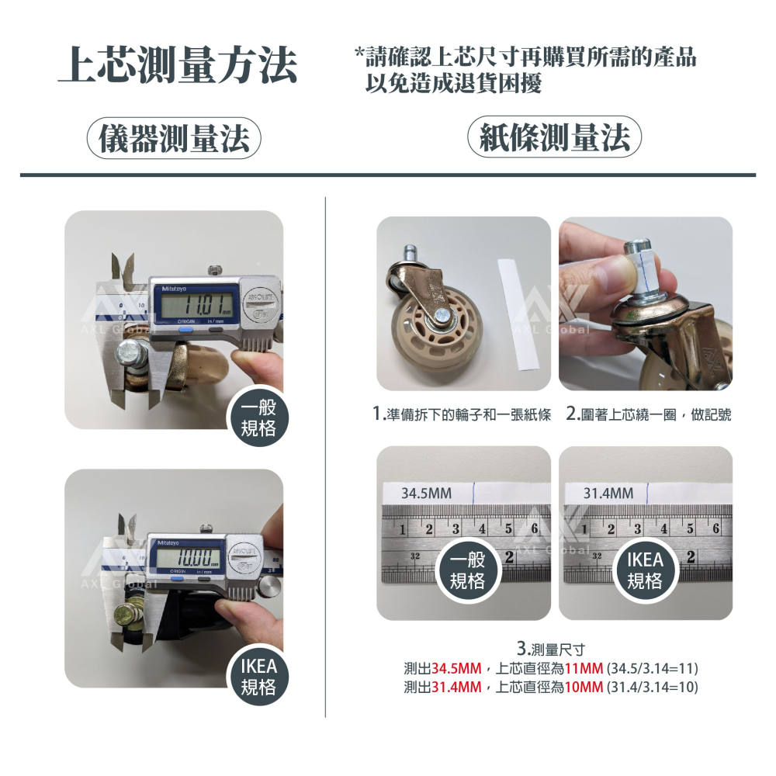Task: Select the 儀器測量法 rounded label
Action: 173,139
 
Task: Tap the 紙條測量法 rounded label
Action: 554,139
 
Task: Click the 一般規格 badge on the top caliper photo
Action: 258,419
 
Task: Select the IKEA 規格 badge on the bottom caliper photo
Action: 258,677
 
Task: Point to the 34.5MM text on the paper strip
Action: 426,493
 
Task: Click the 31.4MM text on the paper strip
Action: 608,493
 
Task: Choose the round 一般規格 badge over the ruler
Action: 468,572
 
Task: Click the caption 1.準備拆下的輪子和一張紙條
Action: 462,415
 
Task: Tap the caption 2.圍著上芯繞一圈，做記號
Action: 648,415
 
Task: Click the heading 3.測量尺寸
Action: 550,649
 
